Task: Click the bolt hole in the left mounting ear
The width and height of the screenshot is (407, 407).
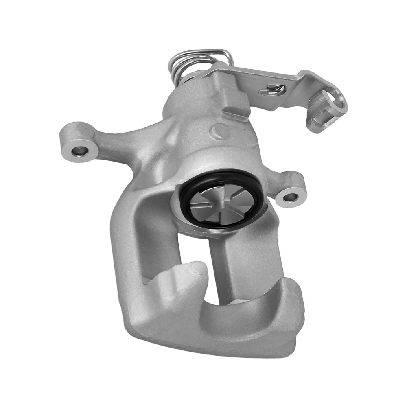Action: [x=79, y=151]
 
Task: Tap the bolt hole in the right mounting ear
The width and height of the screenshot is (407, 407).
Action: [x=289, y=198]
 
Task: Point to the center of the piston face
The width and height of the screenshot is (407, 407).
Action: [x=222, y=203]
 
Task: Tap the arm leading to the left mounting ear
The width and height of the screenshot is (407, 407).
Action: [x=118, y=140]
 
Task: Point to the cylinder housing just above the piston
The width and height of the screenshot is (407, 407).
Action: [x=203, y=159]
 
